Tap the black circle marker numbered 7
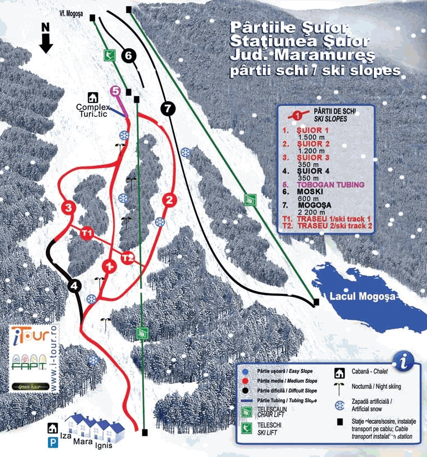coord(168,108)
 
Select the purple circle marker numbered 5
coord(115,91)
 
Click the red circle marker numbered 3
coord(68,208)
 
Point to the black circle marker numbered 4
coord(75,285)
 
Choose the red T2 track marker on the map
coord(128,257)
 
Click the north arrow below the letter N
coord(46,43)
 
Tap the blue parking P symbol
coord(54,442)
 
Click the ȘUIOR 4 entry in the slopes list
coord(313,170)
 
